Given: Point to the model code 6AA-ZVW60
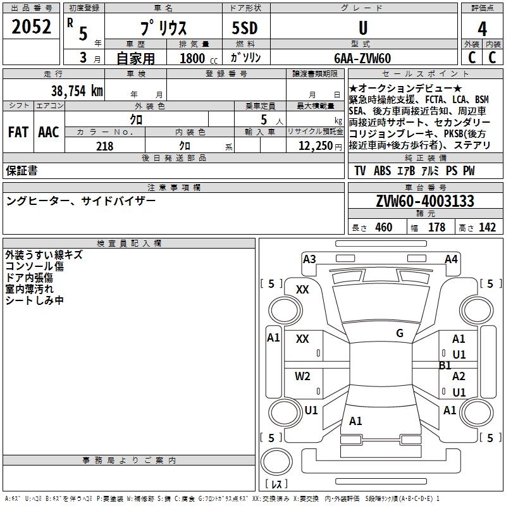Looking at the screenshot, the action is [362, 58].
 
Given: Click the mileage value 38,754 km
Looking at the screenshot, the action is [77, 91].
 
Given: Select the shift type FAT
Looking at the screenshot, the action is [18, 132].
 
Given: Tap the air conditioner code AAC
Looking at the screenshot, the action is [48, 132].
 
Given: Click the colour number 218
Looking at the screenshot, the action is [105, 146].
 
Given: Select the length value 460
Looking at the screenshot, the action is [383, 228].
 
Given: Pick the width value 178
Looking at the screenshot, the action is [436, 228].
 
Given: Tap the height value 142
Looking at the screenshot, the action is [487, 228].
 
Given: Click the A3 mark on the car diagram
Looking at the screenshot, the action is [309, 259].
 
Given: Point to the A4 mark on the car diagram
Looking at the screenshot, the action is [451, 259].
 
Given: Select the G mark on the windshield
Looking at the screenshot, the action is [400, 333].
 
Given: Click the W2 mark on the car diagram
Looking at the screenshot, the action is [303, 376].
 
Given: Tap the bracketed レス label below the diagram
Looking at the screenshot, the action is [276, 484].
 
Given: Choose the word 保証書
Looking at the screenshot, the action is [22, 170].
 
